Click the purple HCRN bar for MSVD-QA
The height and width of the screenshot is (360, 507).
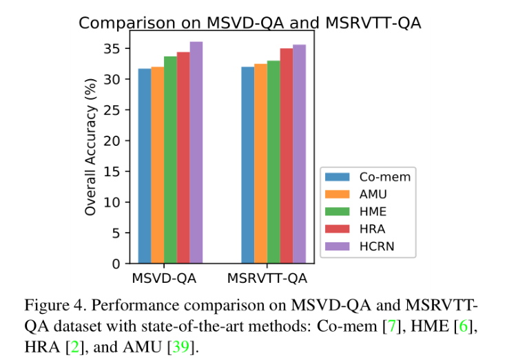pos(196,153)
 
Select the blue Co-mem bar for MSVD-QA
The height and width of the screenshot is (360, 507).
pos(145,166)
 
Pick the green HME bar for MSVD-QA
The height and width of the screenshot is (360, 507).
pos(170,160)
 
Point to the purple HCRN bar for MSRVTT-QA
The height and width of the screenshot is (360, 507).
pos(300,154)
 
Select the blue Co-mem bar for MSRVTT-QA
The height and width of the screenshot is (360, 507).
pos(248,165)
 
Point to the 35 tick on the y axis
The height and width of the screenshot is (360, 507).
pos(112,49)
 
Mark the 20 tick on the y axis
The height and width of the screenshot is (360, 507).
pos(112,141)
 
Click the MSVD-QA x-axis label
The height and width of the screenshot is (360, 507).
pos(164,279)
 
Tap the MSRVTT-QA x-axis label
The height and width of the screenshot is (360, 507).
pos(267,279)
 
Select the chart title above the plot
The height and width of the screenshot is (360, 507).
pos(249,23)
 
